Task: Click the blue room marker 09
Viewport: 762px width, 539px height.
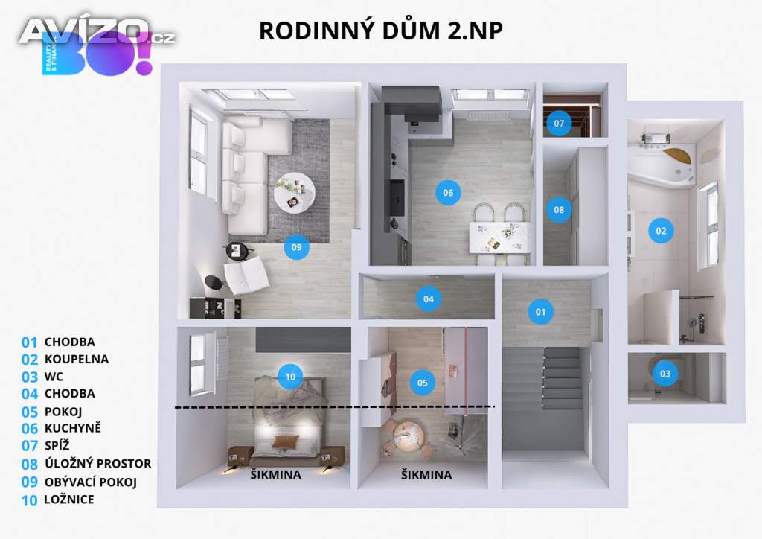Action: coord(297,248)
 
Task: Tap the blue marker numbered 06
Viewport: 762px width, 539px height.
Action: coord(447,193)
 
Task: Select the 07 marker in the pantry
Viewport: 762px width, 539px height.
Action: coord(559,123)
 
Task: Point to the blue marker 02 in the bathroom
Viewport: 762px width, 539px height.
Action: coord(661,230)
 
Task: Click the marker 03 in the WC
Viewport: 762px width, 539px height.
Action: coord(665,373)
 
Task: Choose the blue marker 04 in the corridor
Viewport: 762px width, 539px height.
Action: coord(428,299)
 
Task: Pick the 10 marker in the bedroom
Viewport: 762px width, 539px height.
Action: coord(290,377)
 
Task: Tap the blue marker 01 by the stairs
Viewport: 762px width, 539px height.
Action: coord(540,311)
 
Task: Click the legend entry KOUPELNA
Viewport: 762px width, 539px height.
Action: coord(76,359)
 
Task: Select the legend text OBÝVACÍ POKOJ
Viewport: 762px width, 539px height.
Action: coord(91,482)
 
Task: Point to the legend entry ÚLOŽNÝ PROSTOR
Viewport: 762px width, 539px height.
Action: coord(97,464)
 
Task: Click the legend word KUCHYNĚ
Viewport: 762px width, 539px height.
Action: coord(72,428)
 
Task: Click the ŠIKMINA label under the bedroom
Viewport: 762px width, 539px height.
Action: coord(275,475)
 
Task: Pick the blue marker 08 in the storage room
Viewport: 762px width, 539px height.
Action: coord(559,210)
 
